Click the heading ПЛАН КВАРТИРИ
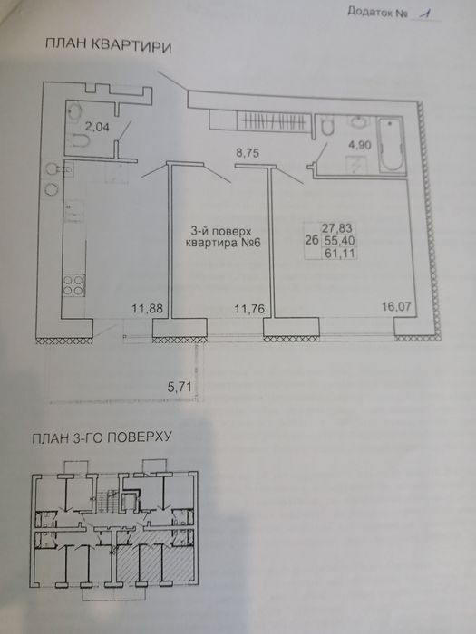click(109, 45)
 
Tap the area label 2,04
click(97, 127)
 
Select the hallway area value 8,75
click(248, 153)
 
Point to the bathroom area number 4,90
click(359, 145)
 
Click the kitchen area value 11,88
click(147, 309)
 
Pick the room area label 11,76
click(249, 310)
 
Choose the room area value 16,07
click(397, 306)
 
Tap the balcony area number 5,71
click(180, 388)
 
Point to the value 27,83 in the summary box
click(336, 228)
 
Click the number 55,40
click(340, 241)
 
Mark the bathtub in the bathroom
click(392, 145)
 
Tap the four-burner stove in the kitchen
click(73, 285)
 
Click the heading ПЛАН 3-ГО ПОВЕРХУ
click(102, 437)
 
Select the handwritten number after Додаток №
click(424, 14)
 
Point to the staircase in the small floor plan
click(108, 498)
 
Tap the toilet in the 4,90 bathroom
click(326, 126)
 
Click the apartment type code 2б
click(311, 241)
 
